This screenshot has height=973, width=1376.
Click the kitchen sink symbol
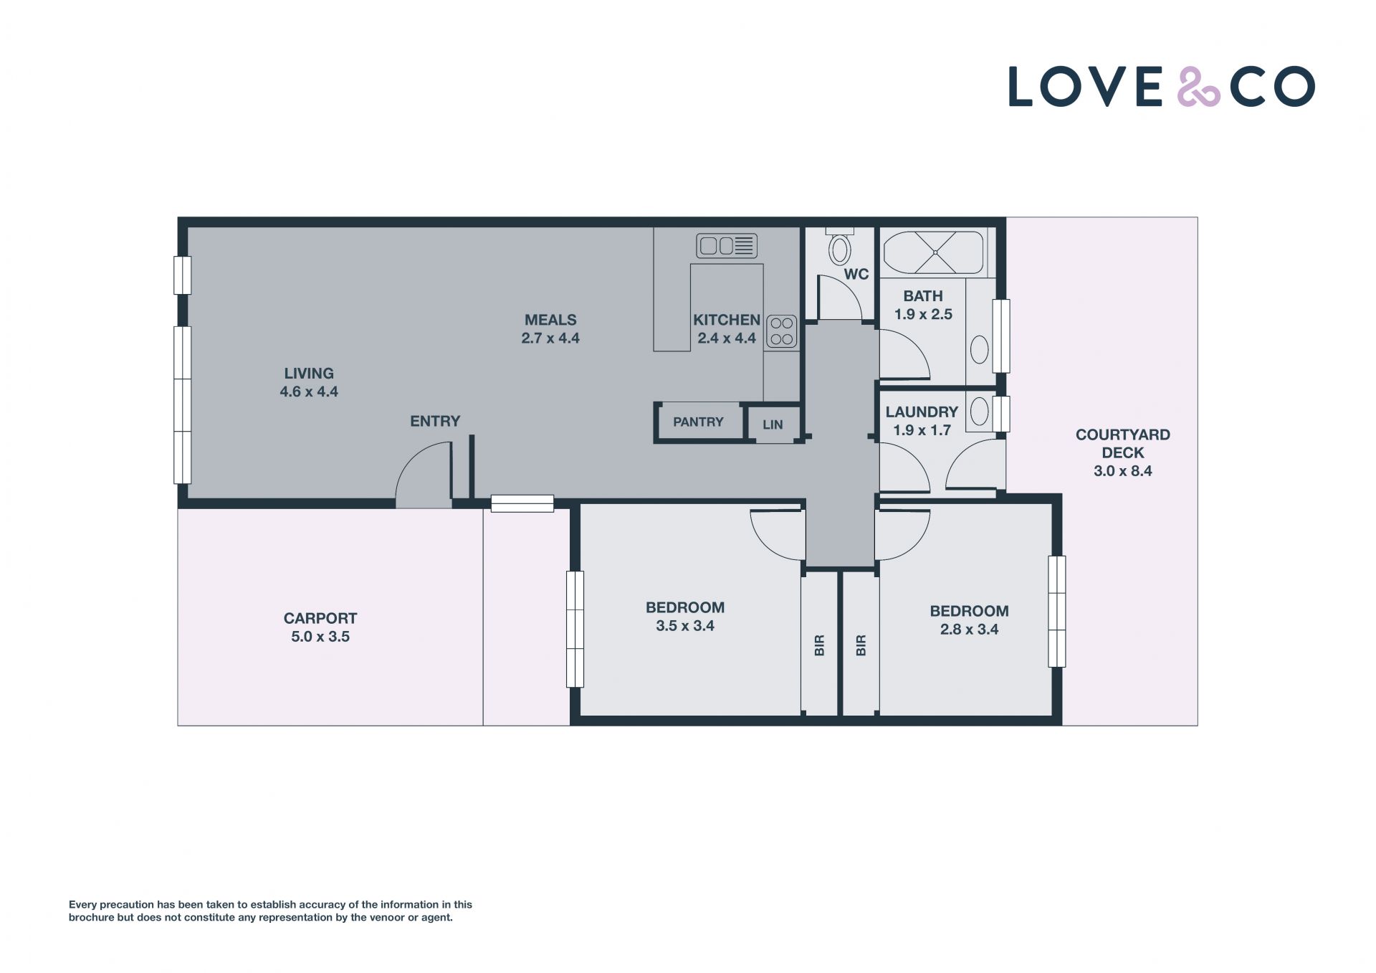pos(727,246)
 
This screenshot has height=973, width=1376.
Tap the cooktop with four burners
pos(781,331)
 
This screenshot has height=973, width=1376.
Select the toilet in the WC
pos(839,247)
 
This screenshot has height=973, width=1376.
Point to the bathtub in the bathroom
pos(935,252)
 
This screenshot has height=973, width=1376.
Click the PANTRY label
pos(698,422)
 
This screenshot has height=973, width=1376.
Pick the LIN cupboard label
pos(773,425)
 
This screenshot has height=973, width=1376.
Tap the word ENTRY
pos(435,422)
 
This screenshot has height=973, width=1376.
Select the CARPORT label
pos(320,618)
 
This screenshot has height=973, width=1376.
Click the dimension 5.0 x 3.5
pos(320,637)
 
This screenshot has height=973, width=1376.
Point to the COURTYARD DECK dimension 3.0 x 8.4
pos(1123,471)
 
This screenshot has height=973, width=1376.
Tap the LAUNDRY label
pos(922,412)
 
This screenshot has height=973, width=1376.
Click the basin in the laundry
pos(979,412)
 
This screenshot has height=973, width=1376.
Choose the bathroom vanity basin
pos(979,351)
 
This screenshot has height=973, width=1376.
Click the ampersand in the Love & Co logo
pos(1199,87)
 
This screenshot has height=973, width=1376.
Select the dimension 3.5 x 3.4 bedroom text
pos(685,626)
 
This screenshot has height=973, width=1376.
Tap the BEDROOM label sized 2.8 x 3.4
pos(969,612)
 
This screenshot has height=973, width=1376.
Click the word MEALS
pos(550,321)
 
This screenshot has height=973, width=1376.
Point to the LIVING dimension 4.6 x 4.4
pos(309,392)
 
